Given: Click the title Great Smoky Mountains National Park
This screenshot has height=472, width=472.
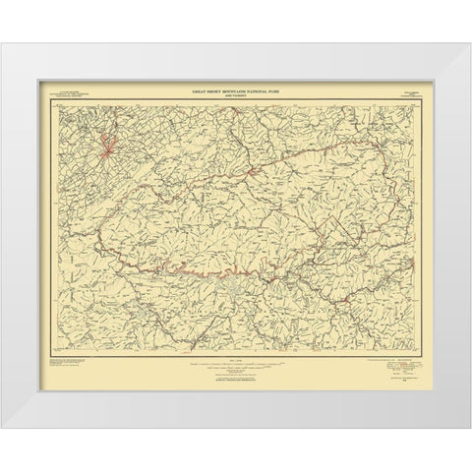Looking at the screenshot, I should tap(236, 89).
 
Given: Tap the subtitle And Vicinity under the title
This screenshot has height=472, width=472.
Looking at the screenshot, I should tap(236, 94).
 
